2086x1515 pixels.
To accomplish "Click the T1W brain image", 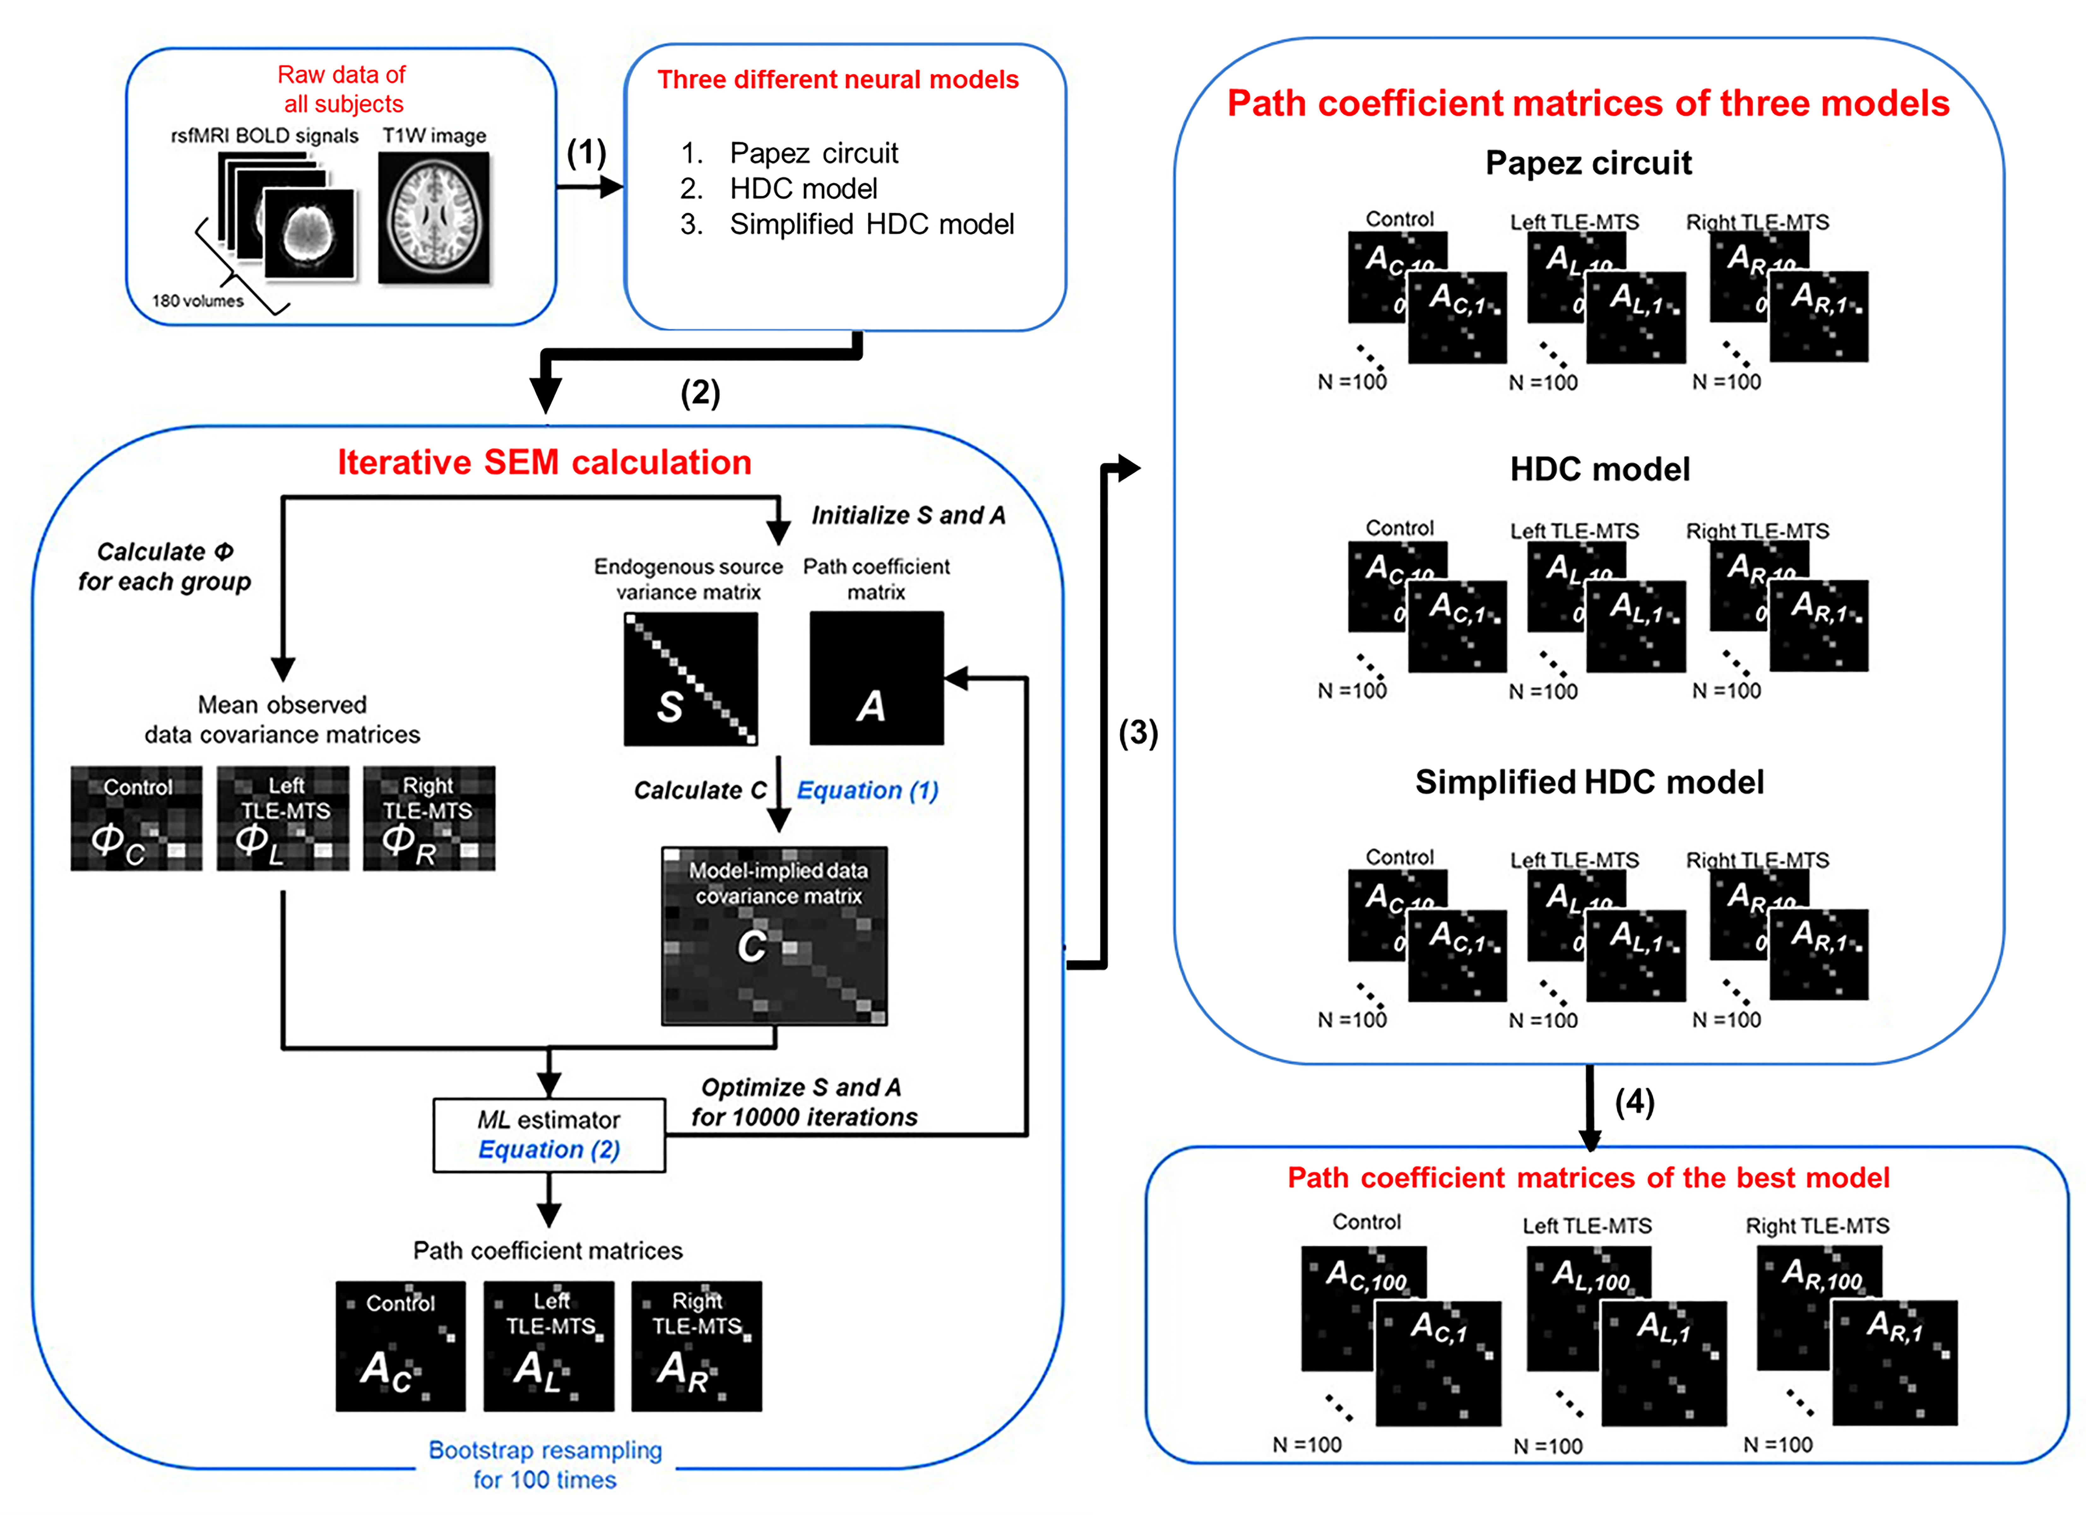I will point(434,218).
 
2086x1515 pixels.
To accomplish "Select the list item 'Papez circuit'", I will point(813,153).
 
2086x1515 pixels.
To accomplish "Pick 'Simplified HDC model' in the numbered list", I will point(871,224).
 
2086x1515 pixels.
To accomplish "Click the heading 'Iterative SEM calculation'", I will point(544,462).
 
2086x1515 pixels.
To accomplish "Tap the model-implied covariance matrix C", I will point(774,936).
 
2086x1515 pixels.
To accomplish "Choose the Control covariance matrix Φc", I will point(136,819).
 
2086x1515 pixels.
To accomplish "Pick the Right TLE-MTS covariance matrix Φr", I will point(429,819).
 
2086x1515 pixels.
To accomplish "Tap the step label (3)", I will point(1138,733).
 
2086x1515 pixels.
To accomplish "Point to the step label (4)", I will point(1634,1102).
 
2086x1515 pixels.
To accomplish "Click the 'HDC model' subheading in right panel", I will point(1599,469).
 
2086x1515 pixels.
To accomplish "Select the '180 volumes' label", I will point(198,301).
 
